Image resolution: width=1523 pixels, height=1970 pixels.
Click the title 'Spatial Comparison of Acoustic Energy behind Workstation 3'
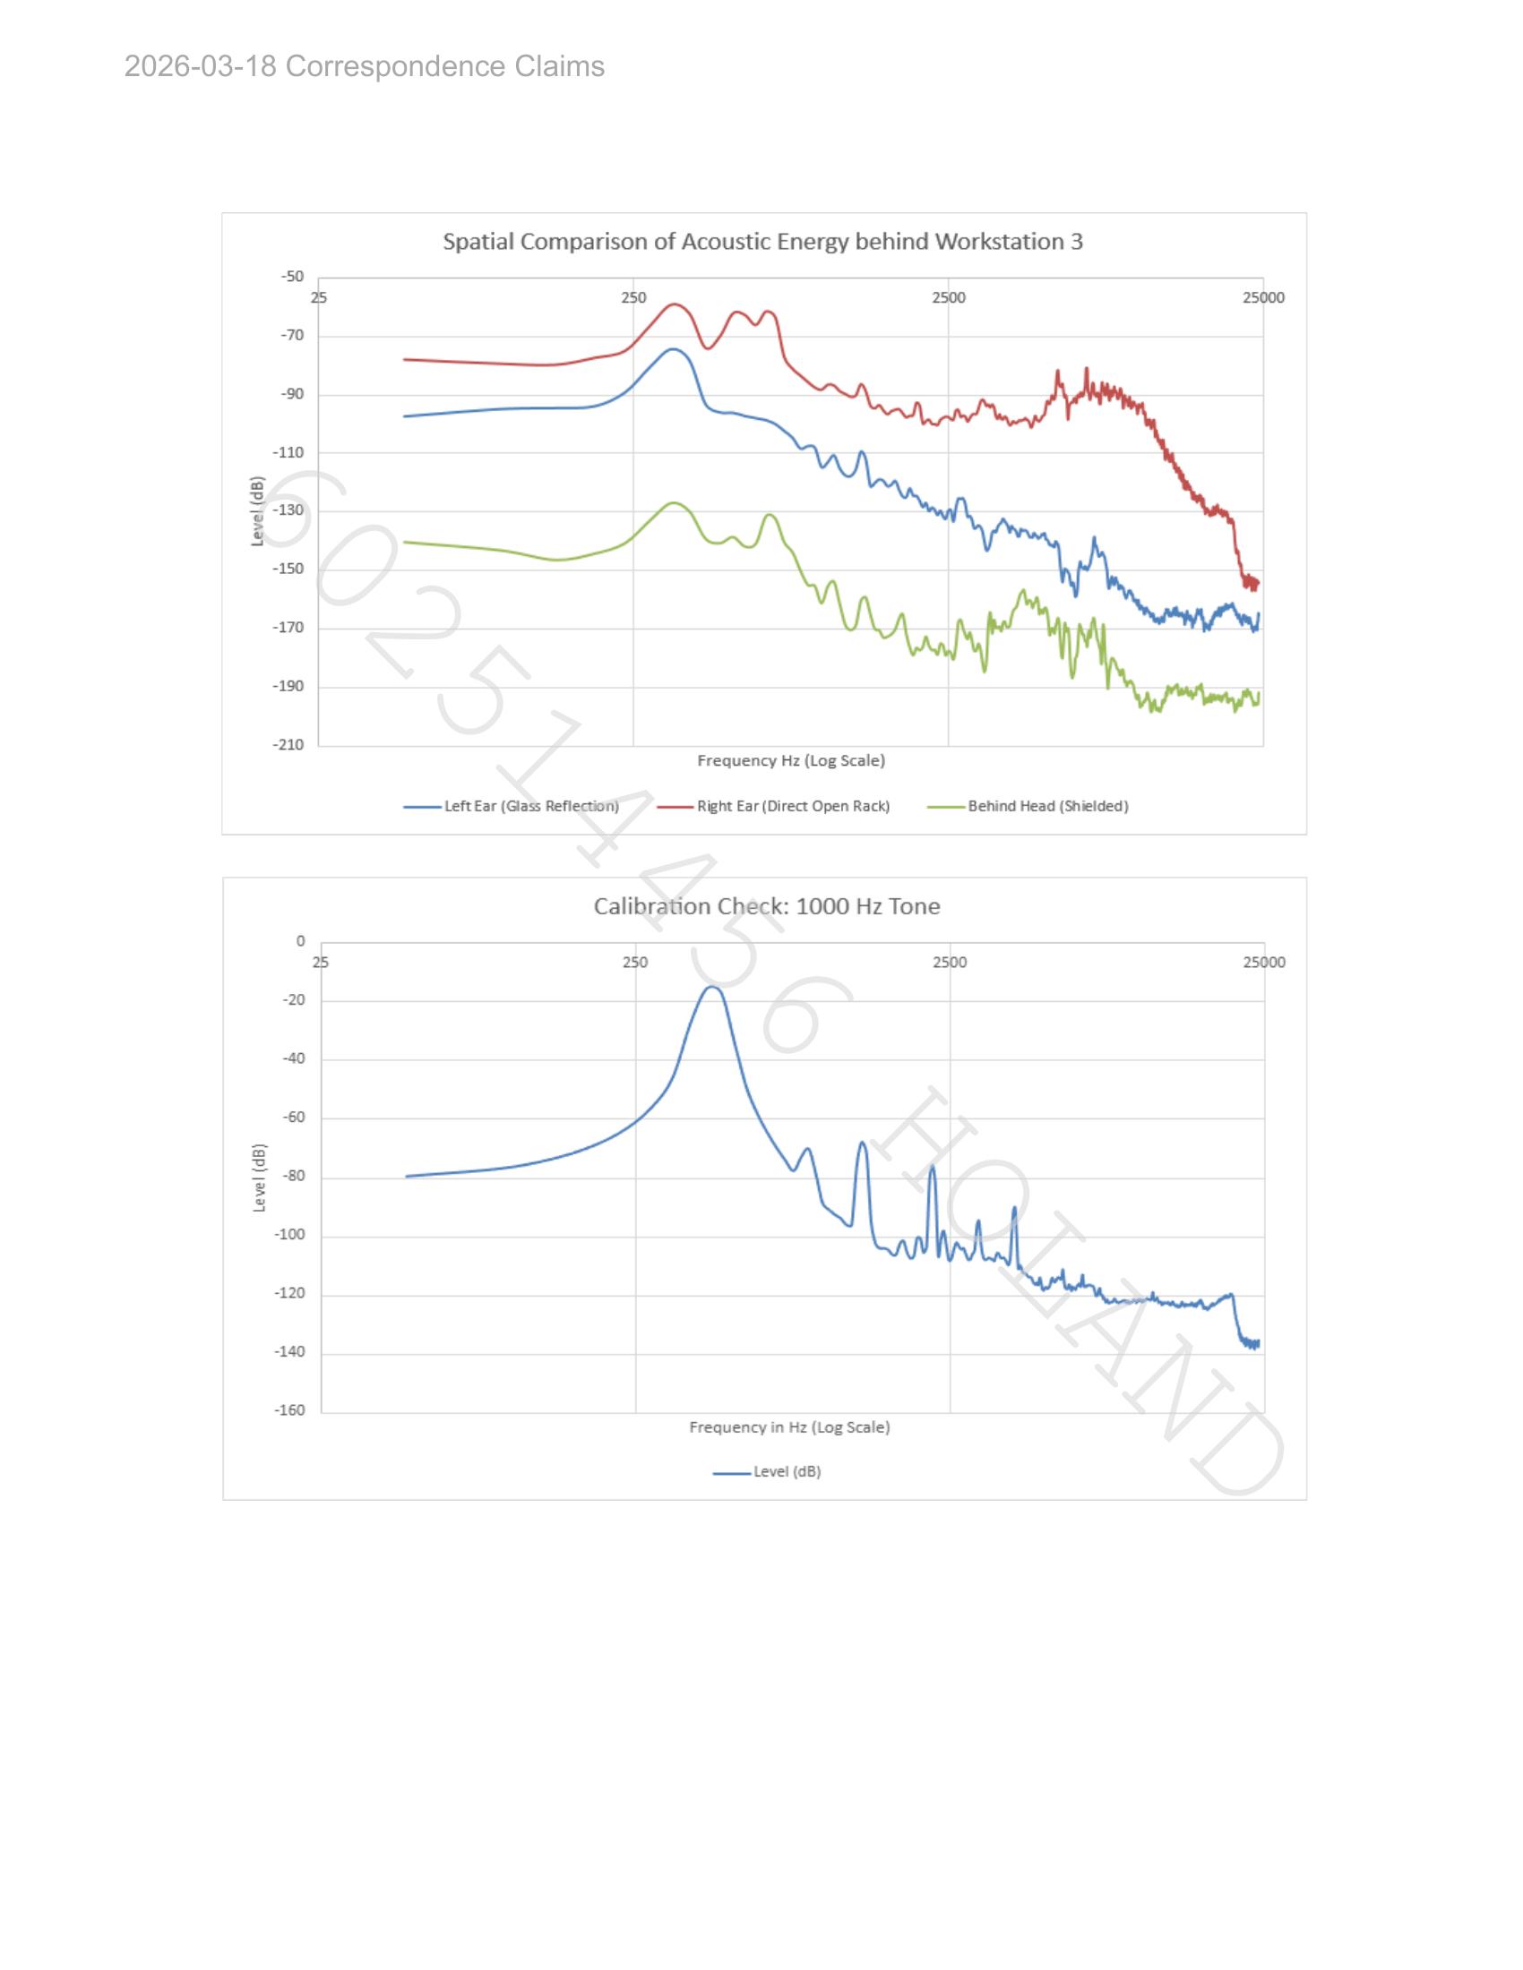762,242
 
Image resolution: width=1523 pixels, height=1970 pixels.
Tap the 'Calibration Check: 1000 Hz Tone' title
767,906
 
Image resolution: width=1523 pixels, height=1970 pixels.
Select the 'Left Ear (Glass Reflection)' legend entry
512,807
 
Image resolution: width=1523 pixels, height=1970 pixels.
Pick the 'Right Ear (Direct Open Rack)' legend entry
773,807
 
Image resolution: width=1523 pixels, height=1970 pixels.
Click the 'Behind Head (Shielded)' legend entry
1028,807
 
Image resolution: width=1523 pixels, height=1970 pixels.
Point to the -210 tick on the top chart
288,745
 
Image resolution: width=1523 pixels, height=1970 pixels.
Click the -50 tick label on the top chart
292,276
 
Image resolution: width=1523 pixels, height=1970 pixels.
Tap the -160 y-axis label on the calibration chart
289,1410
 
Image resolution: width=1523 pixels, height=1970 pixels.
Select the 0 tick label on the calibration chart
301,942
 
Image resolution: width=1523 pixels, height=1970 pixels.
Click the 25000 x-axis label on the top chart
1263,297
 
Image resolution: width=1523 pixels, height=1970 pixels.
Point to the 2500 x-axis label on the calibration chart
950,963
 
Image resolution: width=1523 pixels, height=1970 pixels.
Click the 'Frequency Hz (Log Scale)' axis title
791,760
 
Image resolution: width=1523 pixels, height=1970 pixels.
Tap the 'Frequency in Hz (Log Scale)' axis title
789,1427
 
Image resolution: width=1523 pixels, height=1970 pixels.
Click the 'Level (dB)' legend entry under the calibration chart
767,1472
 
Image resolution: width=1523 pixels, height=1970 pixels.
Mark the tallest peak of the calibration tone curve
712,987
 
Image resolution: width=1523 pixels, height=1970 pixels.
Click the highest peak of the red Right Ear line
674,304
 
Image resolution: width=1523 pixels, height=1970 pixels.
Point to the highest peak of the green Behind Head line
674,502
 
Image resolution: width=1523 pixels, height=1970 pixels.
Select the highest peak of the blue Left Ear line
672,349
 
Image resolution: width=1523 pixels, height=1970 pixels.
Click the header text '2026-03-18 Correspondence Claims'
365,67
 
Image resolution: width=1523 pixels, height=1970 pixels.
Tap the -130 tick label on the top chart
288,510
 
